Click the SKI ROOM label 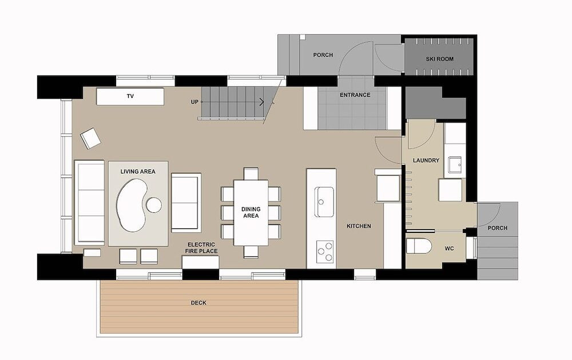coord(439,59)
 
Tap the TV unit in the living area coord(130,96)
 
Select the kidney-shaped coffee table coord(132,205)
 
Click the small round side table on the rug coord(154,205)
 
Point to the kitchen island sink coord(325,201)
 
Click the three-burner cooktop coord(325,252)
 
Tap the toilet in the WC coord(419,246)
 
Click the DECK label coord(198,303)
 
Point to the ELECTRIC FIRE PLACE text coord(201,248)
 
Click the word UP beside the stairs coord(194,102)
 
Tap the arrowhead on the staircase coord(262,102)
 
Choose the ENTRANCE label coord(355,95)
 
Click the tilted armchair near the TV coord(90,139)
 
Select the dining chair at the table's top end coord(251,173)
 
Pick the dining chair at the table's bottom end coord(251,252)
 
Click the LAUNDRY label coord(426,160)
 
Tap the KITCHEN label coord(359,226)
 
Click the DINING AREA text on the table coord(251,212)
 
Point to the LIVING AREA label coord(138,171)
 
